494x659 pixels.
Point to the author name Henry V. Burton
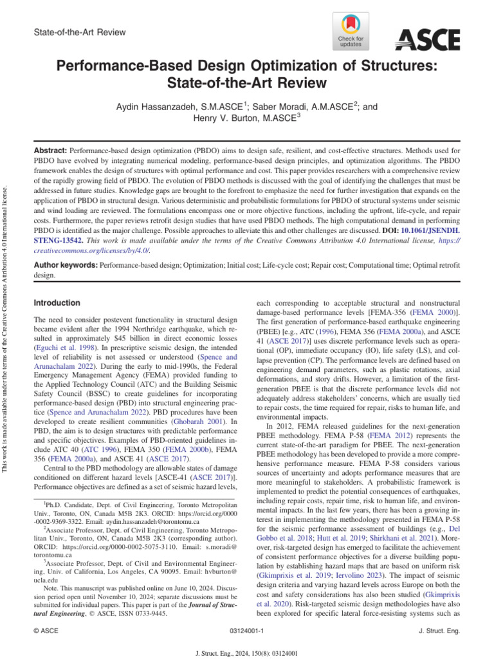pos(227,118)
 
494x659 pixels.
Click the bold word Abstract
pos(50,148)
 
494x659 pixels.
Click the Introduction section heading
pos(57,302)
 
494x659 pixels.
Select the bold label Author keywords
pos(65,265)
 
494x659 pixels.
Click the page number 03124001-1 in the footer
pos(247,631)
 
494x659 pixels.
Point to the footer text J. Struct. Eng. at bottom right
pos(439,631)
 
